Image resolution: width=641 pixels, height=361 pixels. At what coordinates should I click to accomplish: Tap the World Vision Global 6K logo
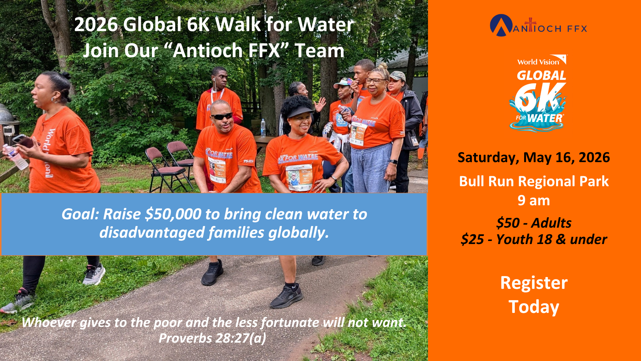coord(538,93)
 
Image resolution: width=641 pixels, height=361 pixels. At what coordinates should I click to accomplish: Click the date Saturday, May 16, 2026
coord(533,157)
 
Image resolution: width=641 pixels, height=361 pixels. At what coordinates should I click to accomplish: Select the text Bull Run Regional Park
coord(534,182)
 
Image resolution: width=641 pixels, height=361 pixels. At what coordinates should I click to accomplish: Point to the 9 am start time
coord(534,201)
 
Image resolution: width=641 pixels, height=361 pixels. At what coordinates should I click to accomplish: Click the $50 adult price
coord(533,223)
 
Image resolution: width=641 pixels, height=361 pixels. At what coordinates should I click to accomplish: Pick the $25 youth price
coord(533,239)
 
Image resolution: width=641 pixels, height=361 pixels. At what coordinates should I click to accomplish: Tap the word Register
coord(534,283)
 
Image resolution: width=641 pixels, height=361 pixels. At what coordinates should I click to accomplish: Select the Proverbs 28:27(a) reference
coord(212,338)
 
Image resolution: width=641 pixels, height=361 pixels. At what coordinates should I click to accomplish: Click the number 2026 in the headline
coord(96,24)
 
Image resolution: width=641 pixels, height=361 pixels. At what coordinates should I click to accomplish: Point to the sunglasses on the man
coord(222,116)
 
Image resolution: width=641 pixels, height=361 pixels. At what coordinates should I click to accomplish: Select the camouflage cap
coord(397,76)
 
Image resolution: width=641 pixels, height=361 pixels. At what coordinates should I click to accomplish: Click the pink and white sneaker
coord(94,274)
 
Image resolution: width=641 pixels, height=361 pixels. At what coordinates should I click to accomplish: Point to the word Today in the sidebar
coord(534,307)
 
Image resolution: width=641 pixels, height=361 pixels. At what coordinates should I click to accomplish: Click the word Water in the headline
coord(326,24)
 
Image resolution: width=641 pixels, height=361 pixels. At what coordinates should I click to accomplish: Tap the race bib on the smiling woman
coord(299,177)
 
